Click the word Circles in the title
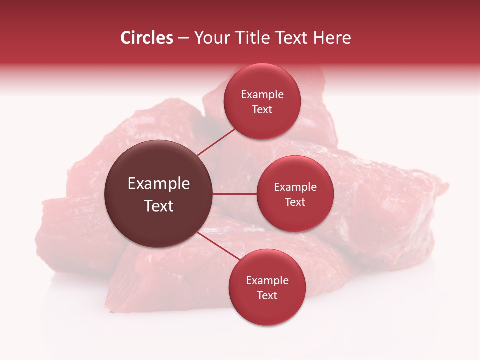point(146,38)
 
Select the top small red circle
point(262,122)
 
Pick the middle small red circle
point(295,217)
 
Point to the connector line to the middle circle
point(234,194)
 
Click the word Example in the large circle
point(159,184)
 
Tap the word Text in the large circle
point(159,206)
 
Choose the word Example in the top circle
point(262,95)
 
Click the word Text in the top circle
point(262,109)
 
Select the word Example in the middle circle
point(295,187)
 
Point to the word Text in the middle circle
point(295,202)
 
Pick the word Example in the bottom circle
point(267,281)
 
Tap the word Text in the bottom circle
point(267,295)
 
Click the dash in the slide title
point(183,38)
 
